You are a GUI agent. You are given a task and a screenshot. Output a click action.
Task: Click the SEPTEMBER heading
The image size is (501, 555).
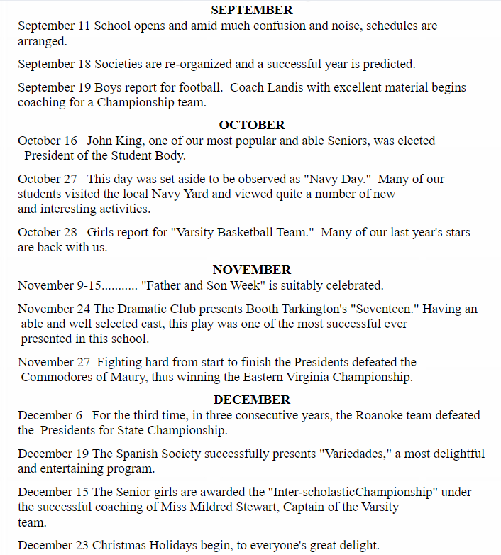[x=252, y=10]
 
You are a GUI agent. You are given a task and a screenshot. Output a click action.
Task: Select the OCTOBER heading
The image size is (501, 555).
[x=252, y=125]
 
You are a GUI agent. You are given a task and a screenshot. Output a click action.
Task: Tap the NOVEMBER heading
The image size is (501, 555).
[x=252, y=270]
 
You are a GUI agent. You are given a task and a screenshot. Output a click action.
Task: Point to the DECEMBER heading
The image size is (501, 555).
[x=252, y=400]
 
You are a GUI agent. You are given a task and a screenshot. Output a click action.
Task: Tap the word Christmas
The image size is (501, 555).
[x=120, y=545]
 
